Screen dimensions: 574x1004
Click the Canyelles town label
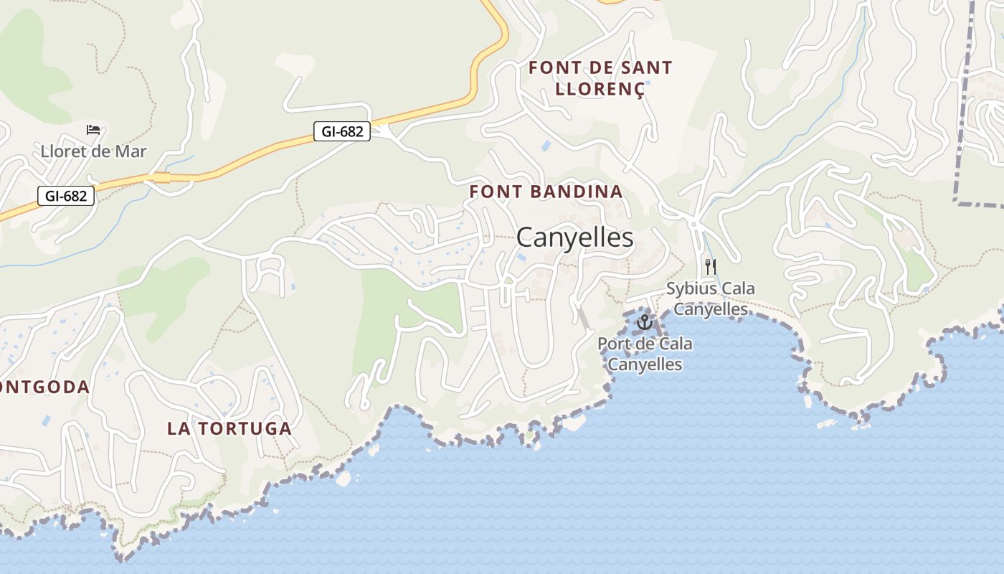tap(574, 237)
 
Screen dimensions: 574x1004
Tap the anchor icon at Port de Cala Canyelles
tap(644, 321)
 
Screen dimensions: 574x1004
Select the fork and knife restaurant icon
tap(710, 267)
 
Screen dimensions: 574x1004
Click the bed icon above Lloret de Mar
tap(93, 130)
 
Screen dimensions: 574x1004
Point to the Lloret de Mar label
tap(93, 151)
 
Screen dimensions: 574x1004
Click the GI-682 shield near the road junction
tap(342, 131)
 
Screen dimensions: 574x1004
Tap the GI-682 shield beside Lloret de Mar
tap(66, 195)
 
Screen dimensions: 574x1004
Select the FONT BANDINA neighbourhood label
tap(546, 192)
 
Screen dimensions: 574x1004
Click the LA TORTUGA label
tap(229, 428)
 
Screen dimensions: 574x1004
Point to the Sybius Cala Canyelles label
tap(710, 298)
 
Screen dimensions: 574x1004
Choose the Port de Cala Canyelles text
tap(645, 354)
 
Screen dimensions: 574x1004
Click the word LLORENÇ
tap(600, 88)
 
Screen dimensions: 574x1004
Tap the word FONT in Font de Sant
tap(551, 68)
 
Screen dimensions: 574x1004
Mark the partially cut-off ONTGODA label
tap(44, 387)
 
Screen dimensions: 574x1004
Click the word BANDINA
tap(577, 192)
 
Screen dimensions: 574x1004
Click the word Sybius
tap(690, 288)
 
